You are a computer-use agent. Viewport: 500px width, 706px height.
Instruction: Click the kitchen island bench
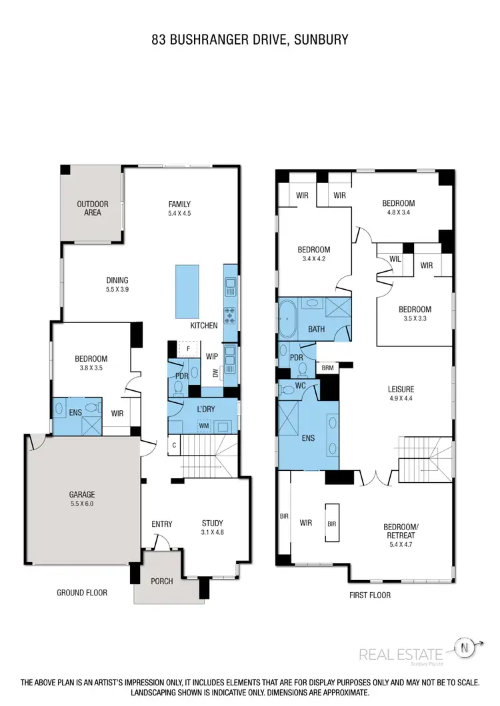tap(187, 292)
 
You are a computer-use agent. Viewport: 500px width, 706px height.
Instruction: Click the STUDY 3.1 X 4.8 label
tap(213, 528)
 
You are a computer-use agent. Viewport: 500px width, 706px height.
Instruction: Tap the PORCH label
tap(161, 581)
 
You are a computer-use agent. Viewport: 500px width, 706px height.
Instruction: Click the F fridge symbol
tap(189, 348)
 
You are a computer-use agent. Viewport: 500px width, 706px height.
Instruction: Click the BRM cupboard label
tap(327, 367)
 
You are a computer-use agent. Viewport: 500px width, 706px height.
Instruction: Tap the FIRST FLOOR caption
tap(370, 595)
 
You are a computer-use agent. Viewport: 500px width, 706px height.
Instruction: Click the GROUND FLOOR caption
tap(82, 592)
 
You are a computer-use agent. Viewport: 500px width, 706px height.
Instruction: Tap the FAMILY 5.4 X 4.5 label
tap(179, 208)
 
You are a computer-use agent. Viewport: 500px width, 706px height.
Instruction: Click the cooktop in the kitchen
tap(230, 314)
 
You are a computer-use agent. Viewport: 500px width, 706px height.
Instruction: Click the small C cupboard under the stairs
tap(173, 445)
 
